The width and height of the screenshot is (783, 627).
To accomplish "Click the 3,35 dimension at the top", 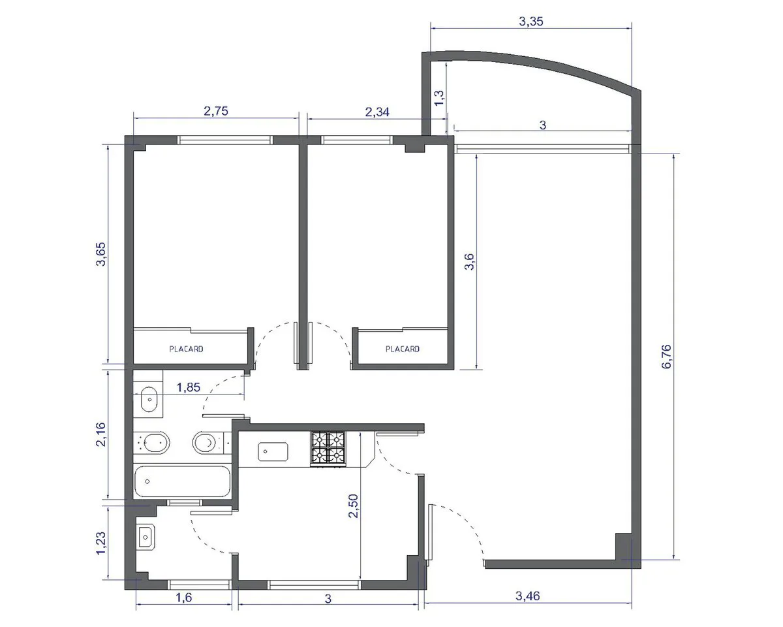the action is (531, 22).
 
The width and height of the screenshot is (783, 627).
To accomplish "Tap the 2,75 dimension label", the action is (216, 111).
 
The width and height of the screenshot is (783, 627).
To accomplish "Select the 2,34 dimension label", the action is (377, 112).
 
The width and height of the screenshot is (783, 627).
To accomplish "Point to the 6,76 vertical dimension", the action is (666, 357).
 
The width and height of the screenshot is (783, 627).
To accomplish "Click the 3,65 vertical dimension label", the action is (100, 254).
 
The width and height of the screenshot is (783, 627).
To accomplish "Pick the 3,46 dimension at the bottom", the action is (528, 596).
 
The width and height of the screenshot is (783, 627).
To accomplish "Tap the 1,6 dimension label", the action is (184, 598).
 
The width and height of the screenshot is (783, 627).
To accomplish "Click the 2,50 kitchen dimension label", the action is (353, 506).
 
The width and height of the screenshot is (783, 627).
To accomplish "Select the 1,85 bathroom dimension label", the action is (189, 387).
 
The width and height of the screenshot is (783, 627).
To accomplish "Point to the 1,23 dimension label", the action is (100, 543).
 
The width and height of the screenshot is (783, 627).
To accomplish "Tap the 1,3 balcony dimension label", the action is (439, 98).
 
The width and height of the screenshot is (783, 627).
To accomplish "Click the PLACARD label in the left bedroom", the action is (186, 349).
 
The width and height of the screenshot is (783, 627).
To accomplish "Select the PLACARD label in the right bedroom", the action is (403, 349).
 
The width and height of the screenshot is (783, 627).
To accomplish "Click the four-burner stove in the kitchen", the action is (328, 449).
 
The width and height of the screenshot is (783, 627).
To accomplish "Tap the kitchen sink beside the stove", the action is (273, 452).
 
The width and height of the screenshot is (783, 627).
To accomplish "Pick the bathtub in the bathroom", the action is (182, 481).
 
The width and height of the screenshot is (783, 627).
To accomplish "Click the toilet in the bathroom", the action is (206, 443).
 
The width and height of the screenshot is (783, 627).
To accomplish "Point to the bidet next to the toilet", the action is (155, 443).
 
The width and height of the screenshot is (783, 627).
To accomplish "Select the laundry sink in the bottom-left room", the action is (146, 537).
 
